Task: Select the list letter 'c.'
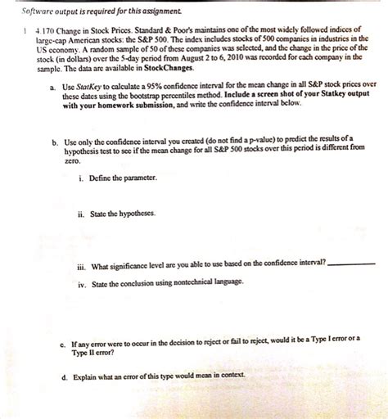[x=52, y=337]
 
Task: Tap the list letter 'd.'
[x=52, y=379]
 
